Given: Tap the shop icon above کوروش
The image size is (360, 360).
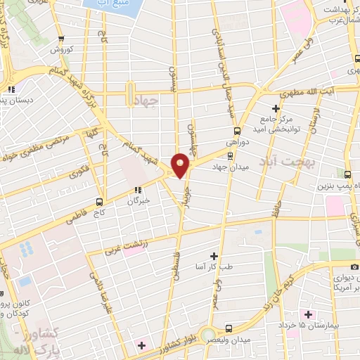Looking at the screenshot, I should [x=62, y=39].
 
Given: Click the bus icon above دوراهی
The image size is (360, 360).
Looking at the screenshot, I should [x=237, y=130].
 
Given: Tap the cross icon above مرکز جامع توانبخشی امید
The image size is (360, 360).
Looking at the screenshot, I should [x=276, y=109].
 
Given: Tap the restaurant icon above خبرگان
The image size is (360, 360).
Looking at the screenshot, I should [x=140, y=189].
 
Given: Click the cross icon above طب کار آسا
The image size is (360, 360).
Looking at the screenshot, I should [x=214, y=257].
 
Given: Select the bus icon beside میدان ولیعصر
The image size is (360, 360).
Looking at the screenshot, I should [x=230, y=328].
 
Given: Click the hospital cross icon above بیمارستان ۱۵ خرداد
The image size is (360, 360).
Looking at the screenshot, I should [x=307, y=314].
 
